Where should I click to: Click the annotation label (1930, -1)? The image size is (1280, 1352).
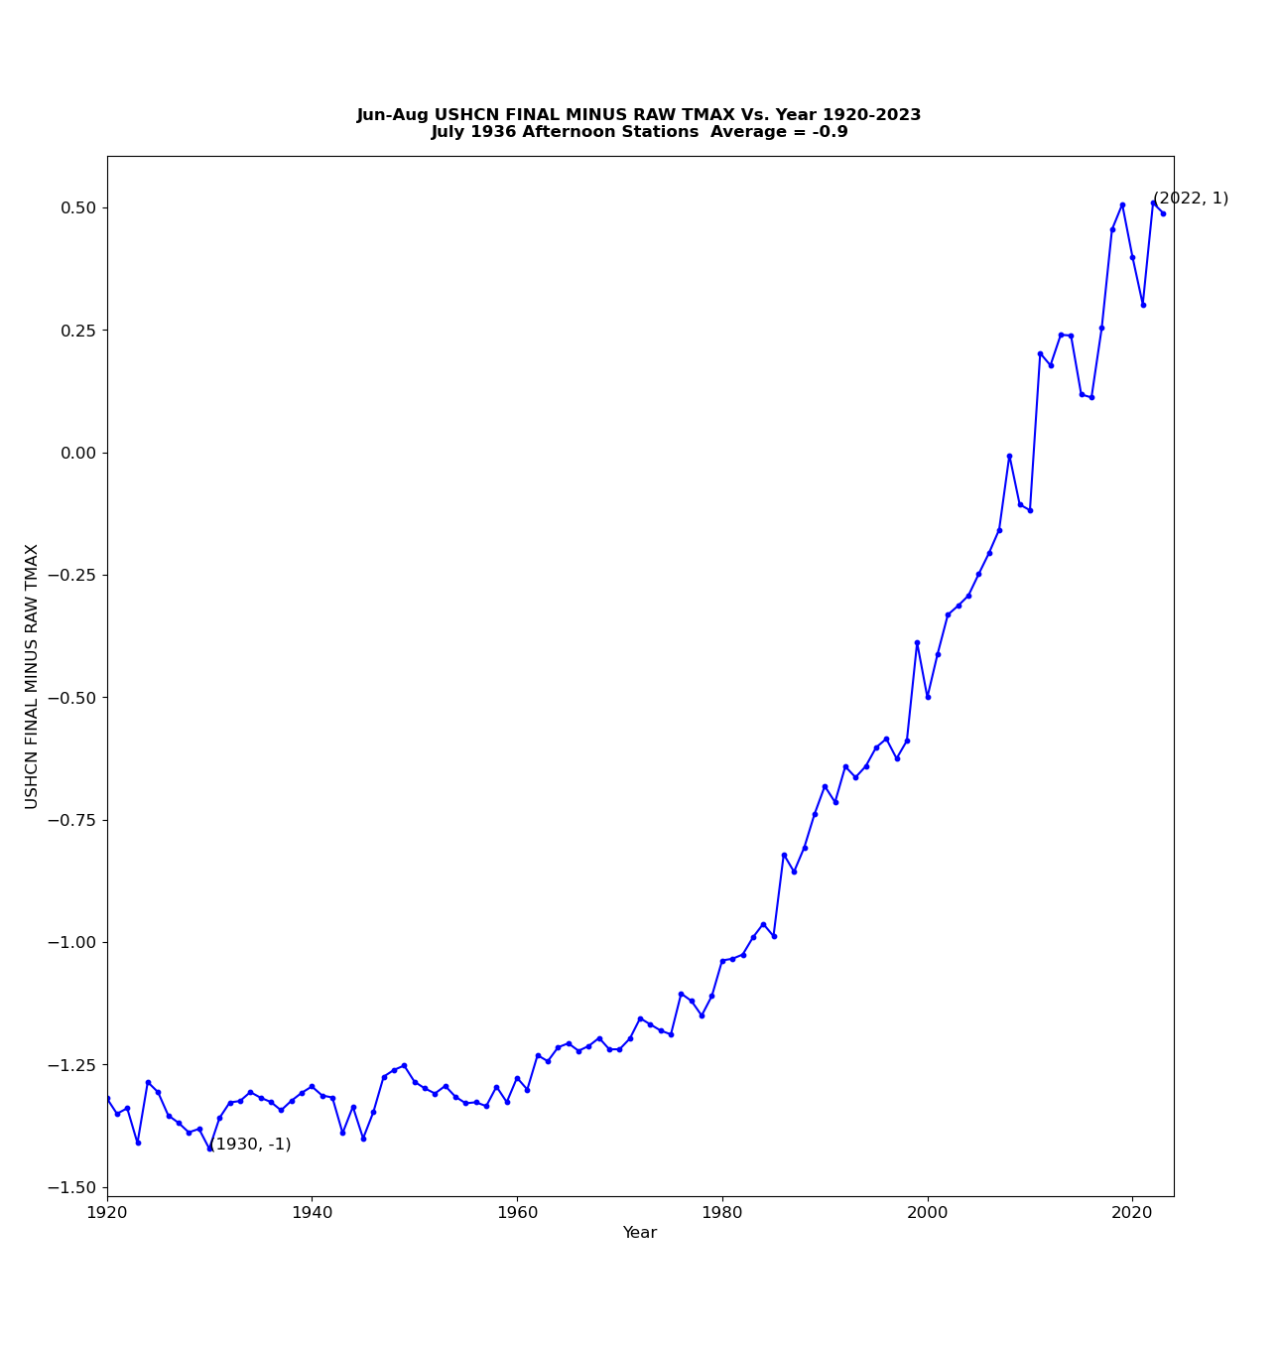pyautogui.click(x=251, y=1145)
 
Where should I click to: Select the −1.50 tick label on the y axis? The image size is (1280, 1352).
pyautogui.click(x=71, y=1187)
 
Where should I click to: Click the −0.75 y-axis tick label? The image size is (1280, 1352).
pyautogui.click(x=71, y=820)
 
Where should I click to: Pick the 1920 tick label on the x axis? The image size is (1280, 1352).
pyautogui.click(x=107, y=1213)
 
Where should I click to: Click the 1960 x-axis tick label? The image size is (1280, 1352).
pyautogui.click(x=517, y=1213)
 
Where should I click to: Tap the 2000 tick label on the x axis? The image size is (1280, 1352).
pyautogui.click(x=928, y=1213)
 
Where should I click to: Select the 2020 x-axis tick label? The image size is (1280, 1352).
pyautogui.click(x=1132, y=1213)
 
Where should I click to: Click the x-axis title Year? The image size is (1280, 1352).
pyautogui.click(x=640, y=1233)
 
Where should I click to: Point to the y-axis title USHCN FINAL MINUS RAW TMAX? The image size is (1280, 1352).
pyautogui.click(x=33, y=676)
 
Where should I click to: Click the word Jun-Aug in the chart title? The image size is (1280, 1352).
pyautogui.click(x=393, y=115)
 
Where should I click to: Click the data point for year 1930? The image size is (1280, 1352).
pyautogui.click(x=209, y=1149)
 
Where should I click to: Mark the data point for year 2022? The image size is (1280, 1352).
pyautogui.click(x=1153, y=203)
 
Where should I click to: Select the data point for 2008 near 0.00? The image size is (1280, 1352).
pyautogui.click(x=1009, y=456)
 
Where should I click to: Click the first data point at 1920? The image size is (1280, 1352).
pyautogui.click(x=107, y=1098)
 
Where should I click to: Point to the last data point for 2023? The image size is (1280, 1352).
pyautogui.click(x=1163, y=213)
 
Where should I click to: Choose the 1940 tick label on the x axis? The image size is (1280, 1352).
pyautogui.click(x=312, y=1213)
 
